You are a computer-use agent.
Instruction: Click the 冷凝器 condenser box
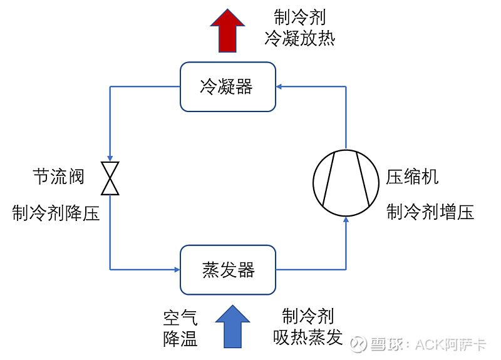click(x=227, y=86)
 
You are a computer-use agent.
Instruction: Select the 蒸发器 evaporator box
click(x=227, y=270)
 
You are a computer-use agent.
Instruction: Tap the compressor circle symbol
click(x=346, y=178)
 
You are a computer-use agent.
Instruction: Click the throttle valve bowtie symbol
click(x=110, y=178)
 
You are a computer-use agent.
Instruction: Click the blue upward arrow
click(x=232, y=326)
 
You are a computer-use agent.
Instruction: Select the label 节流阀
click(x=58, y=177)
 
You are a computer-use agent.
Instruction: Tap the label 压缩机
click(x=412, y=177)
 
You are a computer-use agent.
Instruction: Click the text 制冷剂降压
click(x=55, y=213)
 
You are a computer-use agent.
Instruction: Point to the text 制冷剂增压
click(x=430, y=212)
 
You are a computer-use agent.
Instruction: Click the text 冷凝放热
click(x=299, y=38)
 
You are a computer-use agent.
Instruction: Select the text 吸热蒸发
click(x=307, y=338)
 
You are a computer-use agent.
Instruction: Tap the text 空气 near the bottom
click(x=180, y=318)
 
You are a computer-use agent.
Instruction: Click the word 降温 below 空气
click(x=180, y=339)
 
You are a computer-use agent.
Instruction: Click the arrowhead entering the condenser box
click(x=279, y=86)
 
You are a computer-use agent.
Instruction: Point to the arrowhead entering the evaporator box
click(x=177, y=270)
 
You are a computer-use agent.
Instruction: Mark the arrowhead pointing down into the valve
click(x=110, y=159)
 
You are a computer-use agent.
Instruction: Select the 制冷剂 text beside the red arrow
click(x=299, y=17)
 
